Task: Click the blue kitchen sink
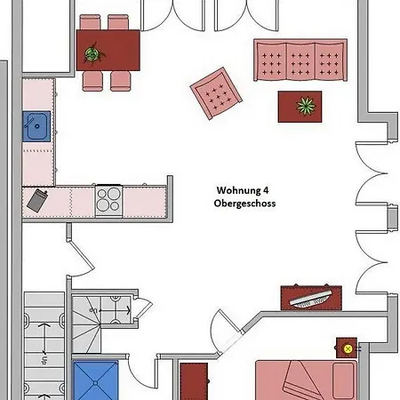point(36,126)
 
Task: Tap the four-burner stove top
point(108,199)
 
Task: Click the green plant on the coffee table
point(306,107)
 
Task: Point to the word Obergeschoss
point(244,204)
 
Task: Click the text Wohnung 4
point(243,190)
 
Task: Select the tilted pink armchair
point(216,93)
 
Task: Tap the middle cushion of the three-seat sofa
point(300,61)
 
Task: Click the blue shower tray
point(95,380)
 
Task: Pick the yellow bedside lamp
point(348,348)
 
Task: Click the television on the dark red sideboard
point(310,299)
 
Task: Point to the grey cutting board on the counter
point(37,201)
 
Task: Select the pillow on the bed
point(343,380)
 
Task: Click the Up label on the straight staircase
point(44,359)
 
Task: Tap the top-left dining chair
point(90,22)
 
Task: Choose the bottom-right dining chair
point(120,81)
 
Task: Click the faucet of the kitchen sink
point(29,122)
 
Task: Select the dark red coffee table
point(300,107)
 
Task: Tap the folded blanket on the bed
point(300,381)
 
